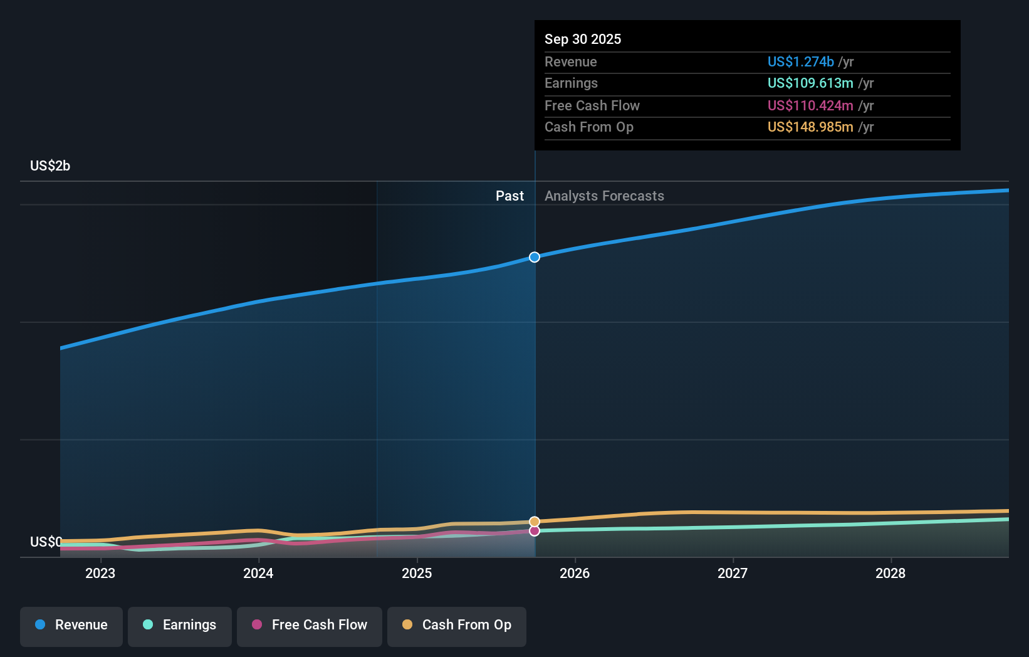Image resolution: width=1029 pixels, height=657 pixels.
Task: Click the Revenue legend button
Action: [x=71, y=625]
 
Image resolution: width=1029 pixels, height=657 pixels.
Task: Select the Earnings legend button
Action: [x=180, y=625]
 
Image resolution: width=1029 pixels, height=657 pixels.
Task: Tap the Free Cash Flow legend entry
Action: [x=310, y=625]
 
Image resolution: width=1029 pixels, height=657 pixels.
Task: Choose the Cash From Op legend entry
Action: [x=457, y=625]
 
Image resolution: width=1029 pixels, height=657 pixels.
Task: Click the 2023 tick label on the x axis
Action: [x=100, y=573]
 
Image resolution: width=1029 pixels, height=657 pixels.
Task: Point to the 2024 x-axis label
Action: [x=258, y=573]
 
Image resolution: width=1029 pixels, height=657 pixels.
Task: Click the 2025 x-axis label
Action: [x=417, y=573]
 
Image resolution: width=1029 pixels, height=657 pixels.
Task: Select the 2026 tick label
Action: [x=575, y=573]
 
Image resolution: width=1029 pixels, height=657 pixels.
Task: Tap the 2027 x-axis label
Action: [x=733, y=573]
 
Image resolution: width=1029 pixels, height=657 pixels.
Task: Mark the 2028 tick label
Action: [x=891, y=573]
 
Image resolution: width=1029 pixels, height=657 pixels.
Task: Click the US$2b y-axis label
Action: [x=50, y=166]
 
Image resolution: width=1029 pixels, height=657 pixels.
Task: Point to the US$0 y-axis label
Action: [x=46, y=542]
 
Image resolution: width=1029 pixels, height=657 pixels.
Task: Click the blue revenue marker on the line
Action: [x=535, y=257]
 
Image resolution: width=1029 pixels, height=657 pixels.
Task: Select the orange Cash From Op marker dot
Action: [x=535, y=522]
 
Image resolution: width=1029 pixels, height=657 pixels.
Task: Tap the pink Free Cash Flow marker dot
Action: [x=535, y=531]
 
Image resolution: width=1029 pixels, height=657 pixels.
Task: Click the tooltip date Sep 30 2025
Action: [x=583, y=39]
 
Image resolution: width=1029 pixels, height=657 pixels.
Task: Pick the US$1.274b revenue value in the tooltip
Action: [x=800, y=61]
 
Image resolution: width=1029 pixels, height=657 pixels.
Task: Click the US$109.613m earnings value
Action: [x=810, y=83]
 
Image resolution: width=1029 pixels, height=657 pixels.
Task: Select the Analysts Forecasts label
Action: [x=604, y=196]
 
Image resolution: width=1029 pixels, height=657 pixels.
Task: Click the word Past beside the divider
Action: [x=509, y=196]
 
